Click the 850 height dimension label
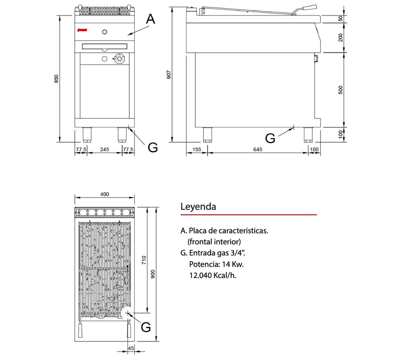point(57,79)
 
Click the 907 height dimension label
point(169,74)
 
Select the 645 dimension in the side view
point(258,149)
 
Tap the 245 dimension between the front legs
point(104,149)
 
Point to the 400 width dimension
point(104,194)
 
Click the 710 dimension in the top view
point(144,260)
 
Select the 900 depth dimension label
point(153,274)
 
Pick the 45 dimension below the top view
point(131,348)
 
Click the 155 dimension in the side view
point(197,149)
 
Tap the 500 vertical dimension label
point(340,90)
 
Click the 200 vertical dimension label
point(340,37)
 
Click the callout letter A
point(151,19)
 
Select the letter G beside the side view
point(270,138)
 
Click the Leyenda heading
point(198,206)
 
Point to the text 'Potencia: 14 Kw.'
point(216,264)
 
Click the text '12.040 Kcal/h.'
point(213,275)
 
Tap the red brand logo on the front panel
point(82,30)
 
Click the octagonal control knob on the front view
point(119,59)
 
